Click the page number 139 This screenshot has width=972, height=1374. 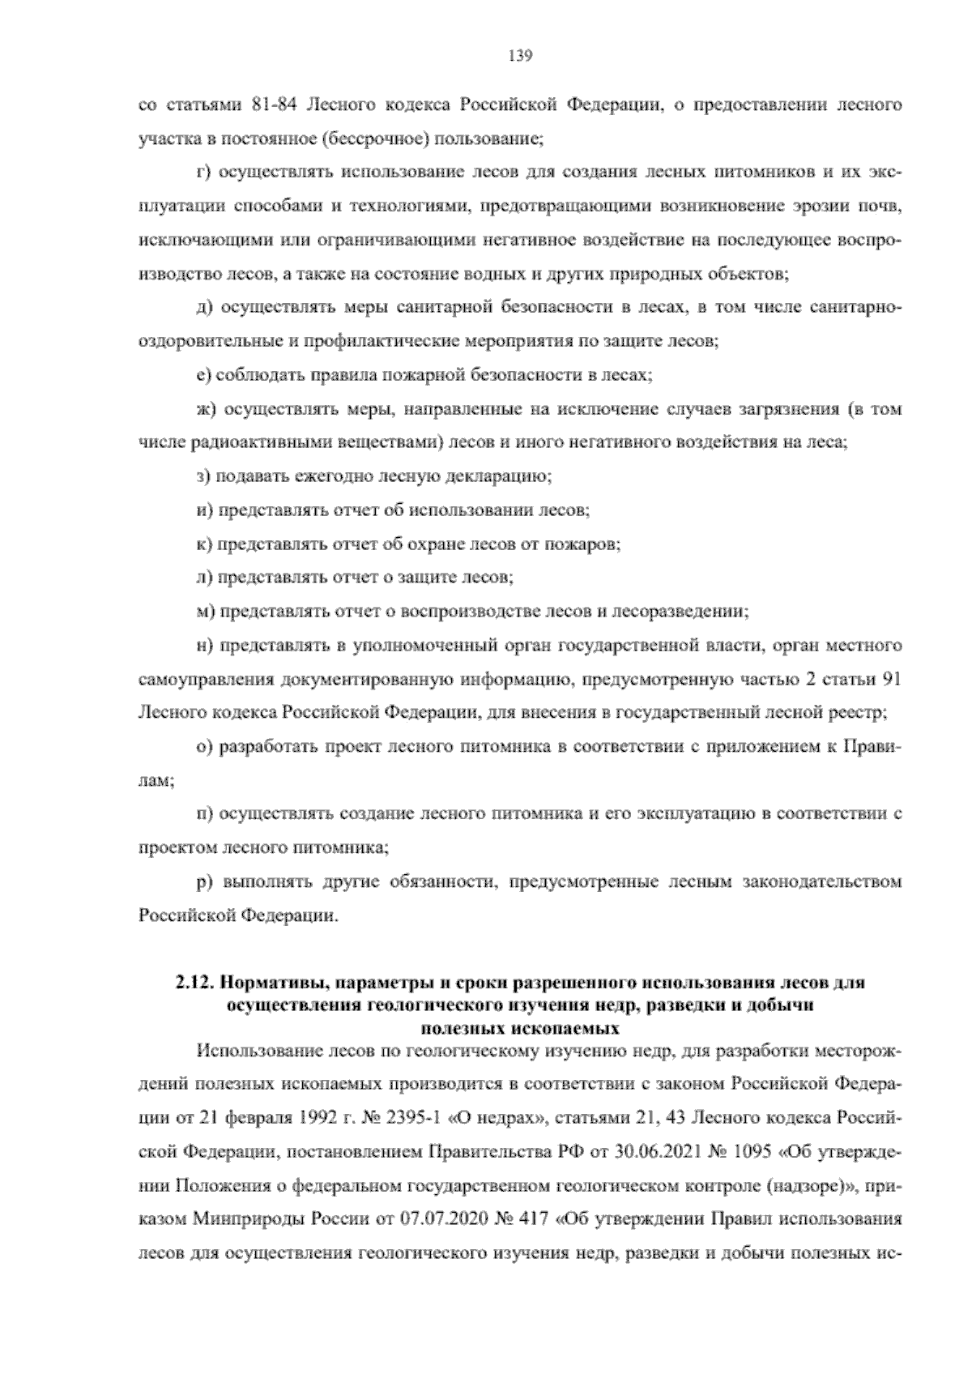click(519, 55)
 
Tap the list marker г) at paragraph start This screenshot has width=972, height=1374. click(204, 173)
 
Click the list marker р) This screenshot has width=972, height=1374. click(204, 881)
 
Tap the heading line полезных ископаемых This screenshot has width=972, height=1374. click(520, 1029)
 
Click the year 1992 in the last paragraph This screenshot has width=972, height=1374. click(304, 1119)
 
